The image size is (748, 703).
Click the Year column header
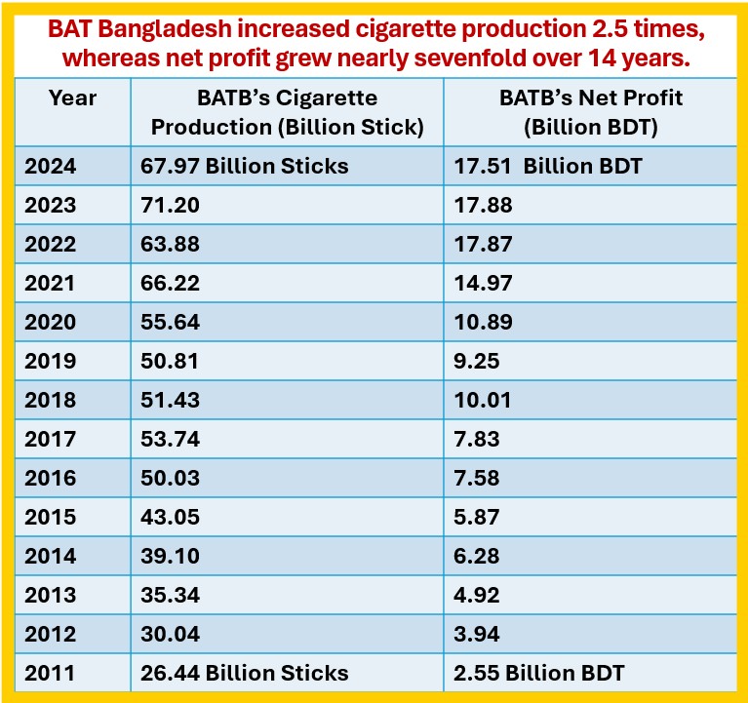(x=73, y=98)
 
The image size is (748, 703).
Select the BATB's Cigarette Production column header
(x=287, y=112)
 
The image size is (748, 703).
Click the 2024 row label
(x=52, y=166)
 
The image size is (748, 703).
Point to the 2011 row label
(x=52, y=672)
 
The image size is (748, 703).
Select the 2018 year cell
(x=52, y=400)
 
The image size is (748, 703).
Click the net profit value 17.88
(x=483, y=205)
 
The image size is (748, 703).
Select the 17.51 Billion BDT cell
(x=548, y=166)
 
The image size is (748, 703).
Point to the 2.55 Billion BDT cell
(x=539, y=672)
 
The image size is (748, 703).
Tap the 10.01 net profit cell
(x=483, y=400)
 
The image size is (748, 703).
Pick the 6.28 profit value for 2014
(x=477, y=556)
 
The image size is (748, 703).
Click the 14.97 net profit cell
(x=483, y=283)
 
